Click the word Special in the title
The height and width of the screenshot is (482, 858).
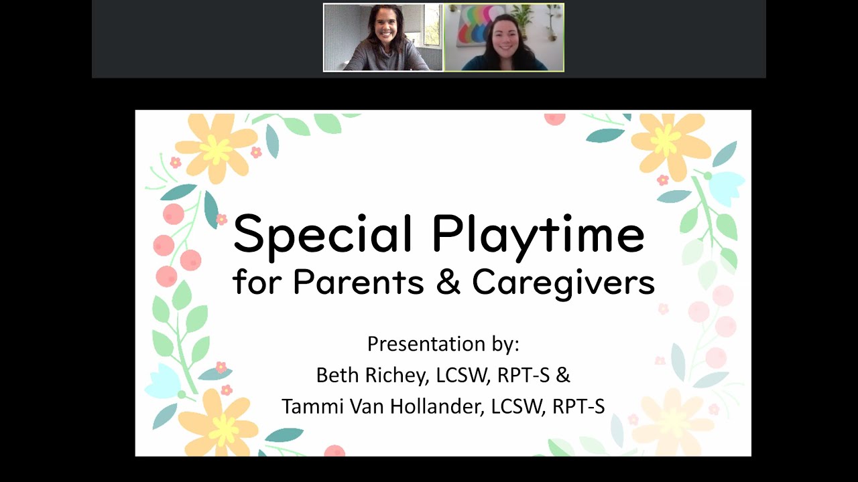322,234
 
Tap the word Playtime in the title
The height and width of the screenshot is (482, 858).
538,234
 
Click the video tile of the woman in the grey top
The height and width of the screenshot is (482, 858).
383,37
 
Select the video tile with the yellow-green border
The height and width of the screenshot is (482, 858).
504,37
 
